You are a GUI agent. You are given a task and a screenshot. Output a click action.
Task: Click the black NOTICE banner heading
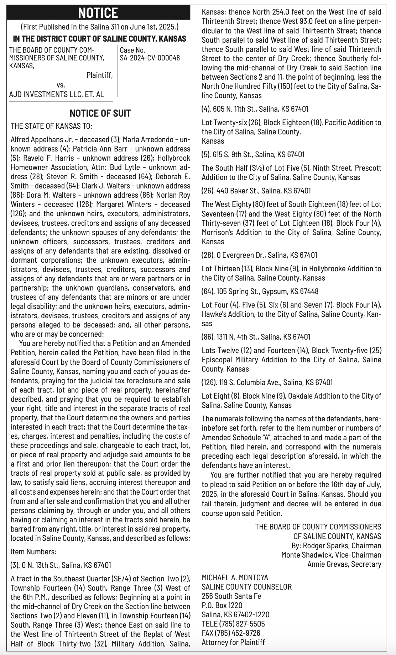pos(98,13)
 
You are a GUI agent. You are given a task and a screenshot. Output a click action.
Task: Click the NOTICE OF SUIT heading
pos(100,113)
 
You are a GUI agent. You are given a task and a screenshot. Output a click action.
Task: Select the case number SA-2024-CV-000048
pos(150,58)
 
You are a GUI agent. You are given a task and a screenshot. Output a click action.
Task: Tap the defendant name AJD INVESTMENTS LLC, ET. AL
pos(57,94)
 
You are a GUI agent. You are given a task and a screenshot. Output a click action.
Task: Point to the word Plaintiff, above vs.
pos(99,75)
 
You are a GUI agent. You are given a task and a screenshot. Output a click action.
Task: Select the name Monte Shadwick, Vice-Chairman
pos(331,555)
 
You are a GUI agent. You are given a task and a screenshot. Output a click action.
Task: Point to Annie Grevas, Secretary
pos(344,564)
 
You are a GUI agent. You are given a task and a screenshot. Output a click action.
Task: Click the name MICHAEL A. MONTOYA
pos(235,578)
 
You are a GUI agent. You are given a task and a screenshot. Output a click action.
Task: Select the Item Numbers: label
pos(33,552)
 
